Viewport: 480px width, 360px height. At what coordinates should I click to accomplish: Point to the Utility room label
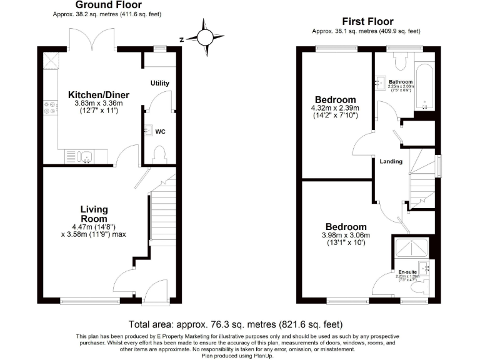(160, 83)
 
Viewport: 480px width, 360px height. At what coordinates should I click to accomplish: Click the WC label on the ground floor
(160, 132)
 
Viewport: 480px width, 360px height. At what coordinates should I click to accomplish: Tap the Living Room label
(94, 214)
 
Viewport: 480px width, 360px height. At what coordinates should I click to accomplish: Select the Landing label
(391, 161)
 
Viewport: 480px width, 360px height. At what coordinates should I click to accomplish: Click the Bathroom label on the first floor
(401, 82)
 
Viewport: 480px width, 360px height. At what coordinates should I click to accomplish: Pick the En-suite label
(408, 272)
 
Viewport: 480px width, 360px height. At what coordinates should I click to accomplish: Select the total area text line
(236, 324)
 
